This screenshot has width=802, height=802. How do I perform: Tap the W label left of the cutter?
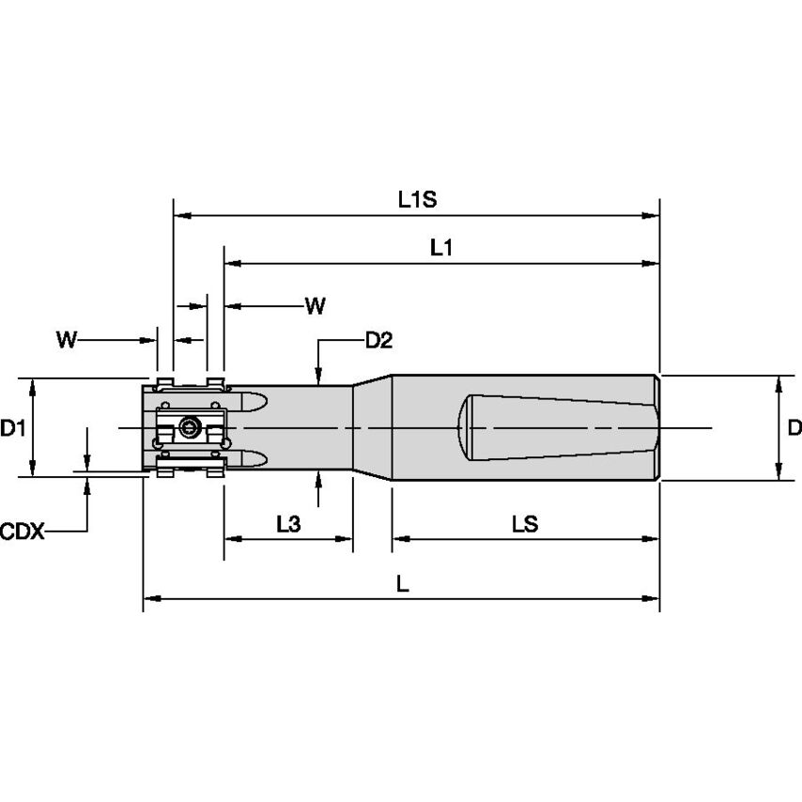click(x=65, y=339)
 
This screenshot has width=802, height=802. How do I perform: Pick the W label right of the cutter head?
click(x=316, y=305)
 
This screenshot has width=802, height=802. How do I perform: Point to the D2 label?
click(x=378, y=340)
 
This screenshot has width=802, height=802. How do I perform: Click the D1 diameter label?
click(x=12, y=429)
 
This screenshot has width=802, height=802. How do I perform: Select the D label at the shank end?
click(x=794, y=428)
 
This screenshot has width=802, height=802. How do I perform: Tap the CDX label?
click(x=22, y=532)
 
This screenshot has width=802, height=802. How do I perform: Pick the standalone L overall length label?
click(x=401, y=583)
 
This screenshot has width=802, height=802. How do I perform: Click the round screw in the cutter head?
click(x=191, y=428)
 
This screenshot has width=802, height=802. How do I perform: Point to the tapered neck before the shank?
click(x=372, y=427)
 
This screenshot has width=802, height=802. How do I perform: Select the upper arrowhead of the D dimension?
click(x=779, y=383)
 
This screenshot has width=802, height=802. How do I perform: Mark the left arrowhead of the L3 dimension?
click(x=230, y=539)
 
